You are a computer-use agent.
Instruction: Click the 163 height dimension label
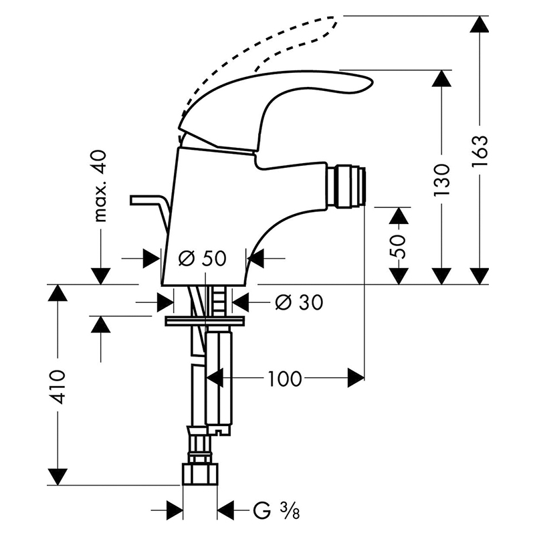pyautogui.click(x=479, y=151)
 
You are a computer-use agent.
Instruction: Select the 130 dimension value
pyautogui.click(x=442, y=180)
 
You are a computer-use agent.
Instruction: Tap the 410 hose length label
pyautogui.click(x=56, y=387)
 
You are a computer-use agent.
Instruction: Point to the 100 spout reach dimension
pyautogui.click(x=285, y=379)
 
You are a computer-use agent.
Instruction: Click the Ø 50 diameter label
pyautogui.click(x=203, y=258)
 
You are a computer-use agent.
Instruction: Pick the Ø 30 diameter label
pyautogui.click(x=299, y=302)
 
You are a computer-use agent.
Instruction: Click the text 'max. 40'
pyautogui.click(x=100, y=186)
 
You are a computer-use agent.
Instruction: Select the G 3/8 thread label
pyautogui.click(x=276, y=510)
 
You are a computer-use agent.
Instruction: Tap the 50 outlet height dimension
pyautogui.click(x=398, y=246)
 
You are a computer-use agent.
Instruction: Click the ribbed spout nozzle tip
pyautogui.click(x=346, y=187)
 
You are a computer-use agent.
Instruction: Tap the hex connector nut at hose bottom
pyautogui.click(x=200, y=473)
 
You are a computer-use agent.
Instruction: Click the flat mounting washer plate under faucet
pyautogui.click(x=205, y=321)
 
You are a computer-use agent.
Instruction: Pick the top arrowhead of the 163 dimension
pyautogui.click(x=479, y=24)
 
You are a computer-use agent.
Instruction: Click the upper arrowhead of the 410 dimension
pyautogui.click(x=57, y=292)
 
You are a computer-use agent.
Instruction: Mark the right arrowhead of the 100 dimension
pyautogui.click(x=356, y=378)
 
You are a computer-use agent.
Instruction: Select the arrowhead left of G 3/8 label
pyautogui.click(x=174, y=510)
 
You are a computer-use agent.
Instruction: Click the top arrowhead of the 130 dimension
pyautogui.click(x=442, y=78)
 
